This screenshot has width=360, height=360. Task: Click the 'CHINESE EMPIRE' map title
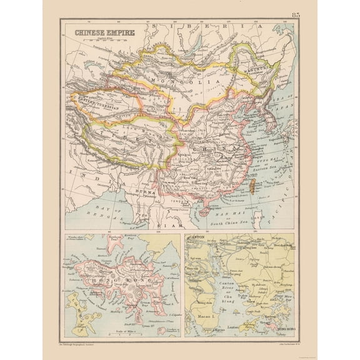(97, 35)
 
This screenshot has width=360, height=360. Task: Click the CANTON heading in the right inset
(195, 239)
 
